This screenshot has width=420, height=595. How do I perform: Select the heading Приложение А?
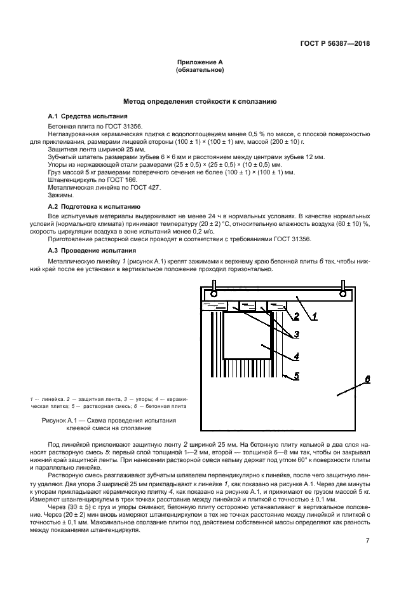200,62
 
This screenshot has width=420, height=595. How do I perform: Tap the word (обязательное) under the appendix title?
200,70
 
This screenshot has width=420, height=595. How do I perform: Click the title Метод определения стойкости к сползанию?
200,101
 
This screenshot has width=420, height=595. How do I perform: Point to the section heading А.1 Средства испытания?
88,116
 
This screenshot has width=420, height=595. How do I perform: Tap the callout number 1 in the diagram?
314,315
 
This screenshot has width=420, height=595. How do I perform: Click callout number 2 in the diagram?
296,316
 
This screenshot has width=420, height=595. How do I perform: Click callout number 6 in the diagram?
367,379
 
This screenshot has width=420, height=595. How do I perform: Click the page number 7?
367,522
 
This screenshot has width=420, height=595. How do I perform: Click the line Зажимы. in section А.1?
61,195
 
